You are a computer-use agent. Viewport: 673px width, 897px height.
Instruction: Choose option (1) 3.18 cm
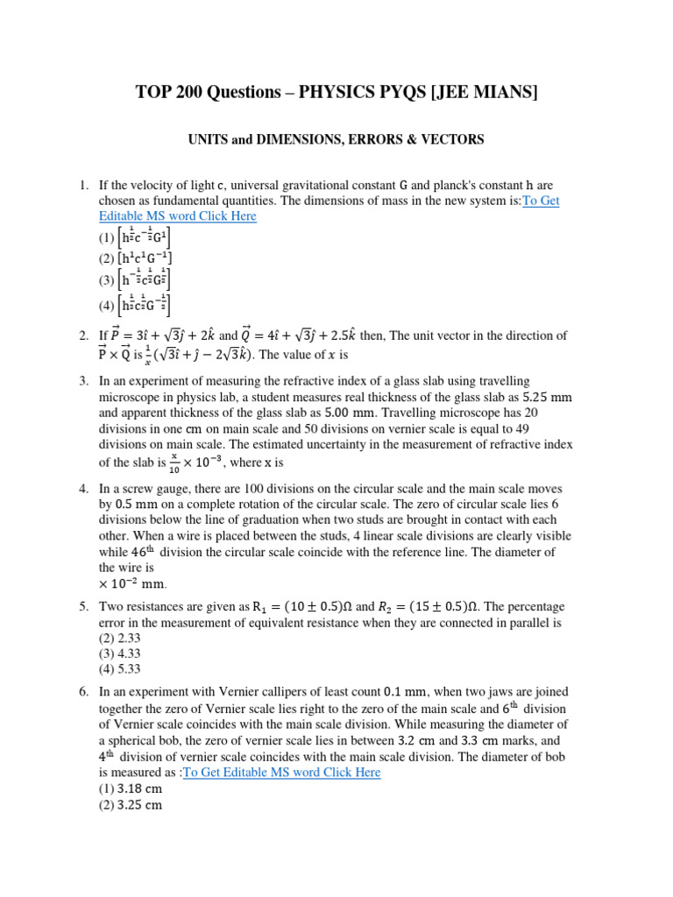[x=130, y=788]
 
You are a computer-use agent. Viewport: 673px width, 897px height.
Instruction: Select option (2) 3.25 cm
[x=130, y=804]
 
